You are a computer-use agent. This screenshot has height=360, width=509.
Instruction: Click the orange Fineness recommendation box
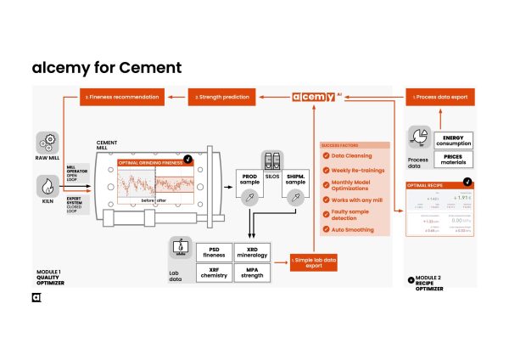(x=122, y=97)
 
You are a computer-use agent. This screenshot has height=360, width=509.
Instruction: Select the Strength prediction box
(x=223, y=97)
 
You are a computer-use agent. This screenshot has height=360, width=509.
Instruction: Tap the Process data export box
(x=441, y=97)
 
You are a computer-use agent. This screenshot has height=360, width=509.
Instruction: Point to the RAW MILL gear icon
(x=48, y=142)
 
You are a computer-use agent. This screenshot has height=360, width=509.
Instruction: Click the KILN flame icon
(x=48, y=184)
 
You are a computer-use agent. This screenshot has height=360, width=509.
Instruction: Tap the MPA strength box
(x=251, y=273)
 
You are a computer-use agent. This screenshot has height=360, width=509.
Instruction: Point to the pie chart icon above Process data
(x=418, y=138)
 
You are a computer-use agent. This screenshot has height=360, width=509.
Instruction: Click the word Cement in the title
(x=149, y=67)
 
